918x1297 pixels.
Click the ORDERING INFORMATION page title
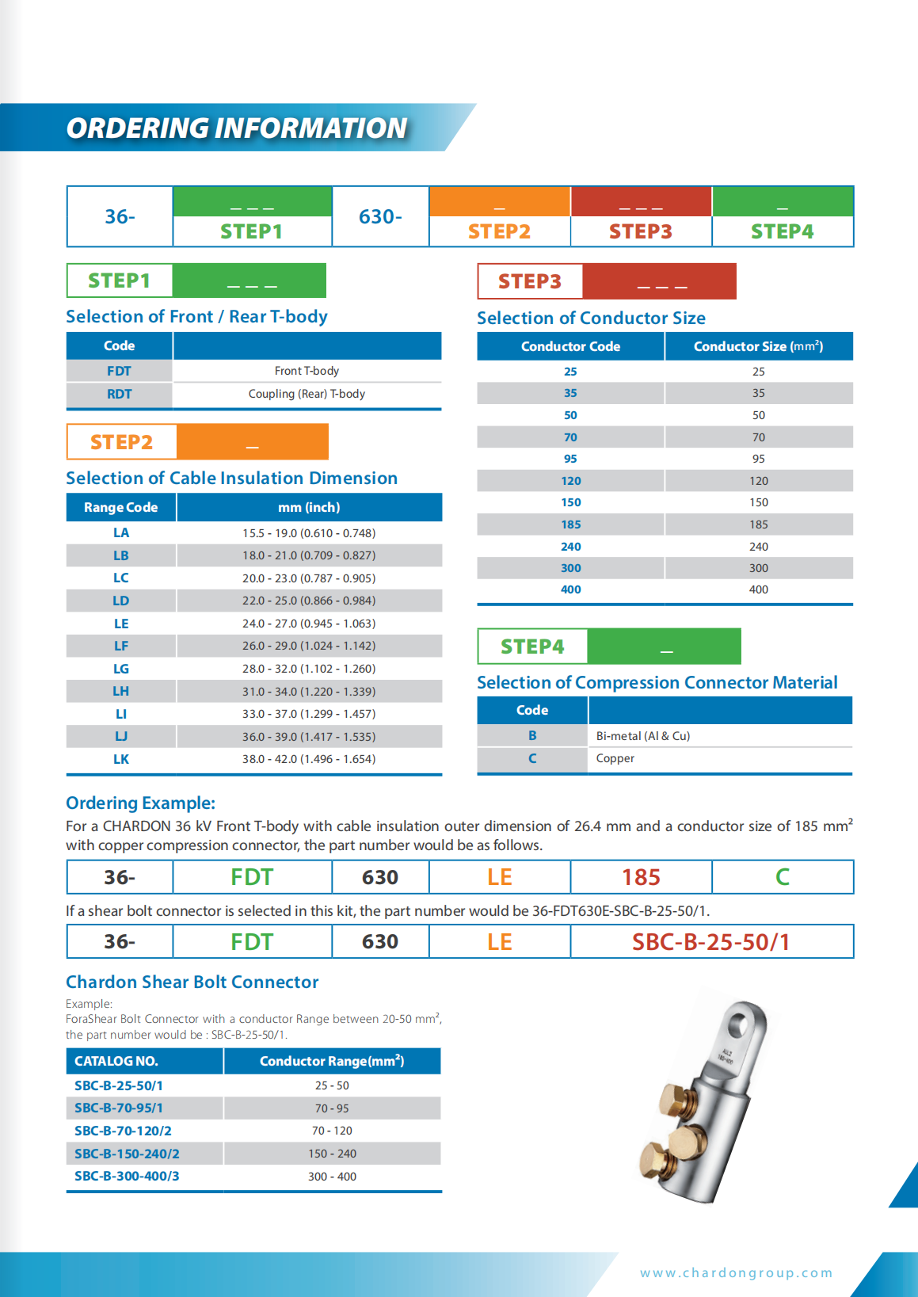pos(236,128)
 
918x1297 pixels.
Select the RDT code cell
pos(120,394)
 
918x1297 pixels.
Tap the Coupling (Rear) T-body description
pos(307,394)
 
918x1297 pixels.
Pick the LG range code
pos(120,669)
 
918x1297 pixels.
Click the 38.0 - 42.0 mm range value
pos(309,759)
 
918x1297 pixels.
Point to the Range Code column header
pos(120,507)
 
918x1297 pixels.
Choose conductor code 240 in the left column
pos(570,547)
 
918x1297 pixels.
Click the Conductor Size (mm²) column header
pos(758,346)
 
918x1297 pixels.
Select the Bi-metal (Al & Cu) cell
pos(643,736)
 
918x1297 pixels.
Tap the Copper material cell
pos(615,758)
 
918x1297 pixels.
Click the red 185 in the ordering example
pos(641,877)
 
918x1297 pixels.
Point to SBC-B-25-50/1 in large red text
pos(710,942)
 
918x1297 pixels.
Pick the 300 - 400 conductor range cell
pos(332,1177)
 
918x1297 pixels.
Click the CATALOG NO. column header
pos(116,1061)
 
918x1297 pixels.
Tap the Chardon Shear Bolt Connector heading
pos(192,982)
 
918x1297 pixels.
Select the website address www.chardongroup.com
pos(736,1272)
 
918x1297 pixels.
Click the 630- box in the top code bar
pos(380,216)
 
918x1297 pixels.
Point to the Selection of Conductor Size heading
pos(591,318)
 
